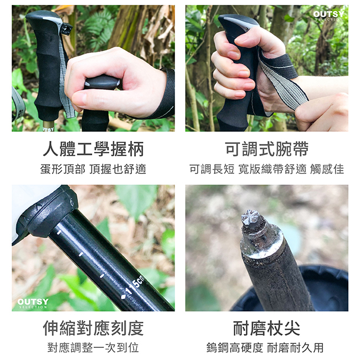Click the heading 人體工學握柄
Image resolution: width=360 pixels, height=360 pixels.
(93, 149)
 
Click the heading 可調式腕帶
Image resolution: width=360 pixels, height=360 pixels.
(266, 149)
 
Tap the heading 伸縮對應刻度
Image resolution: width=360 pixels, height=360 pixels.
(93, 328)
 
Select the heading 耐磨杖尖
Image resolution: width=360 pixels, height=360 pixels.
(266, 328)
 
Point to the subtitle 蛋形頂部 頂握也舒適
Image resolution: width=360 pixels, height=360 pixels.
(93, 169)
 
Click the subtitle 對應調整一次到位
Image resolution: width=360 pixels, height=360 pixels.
(93, 348)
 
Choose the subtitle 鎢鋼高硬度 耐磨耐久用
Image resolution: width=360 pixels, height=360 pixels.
(266, 348)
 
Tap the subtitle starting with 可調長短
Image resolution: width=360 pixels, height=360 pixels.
(266, 169)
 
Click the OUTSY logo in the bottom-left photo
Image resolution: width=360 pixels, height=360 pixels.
(33, 304)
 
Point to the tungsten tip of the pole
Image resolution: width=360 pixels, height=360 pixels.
(250, 218)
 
